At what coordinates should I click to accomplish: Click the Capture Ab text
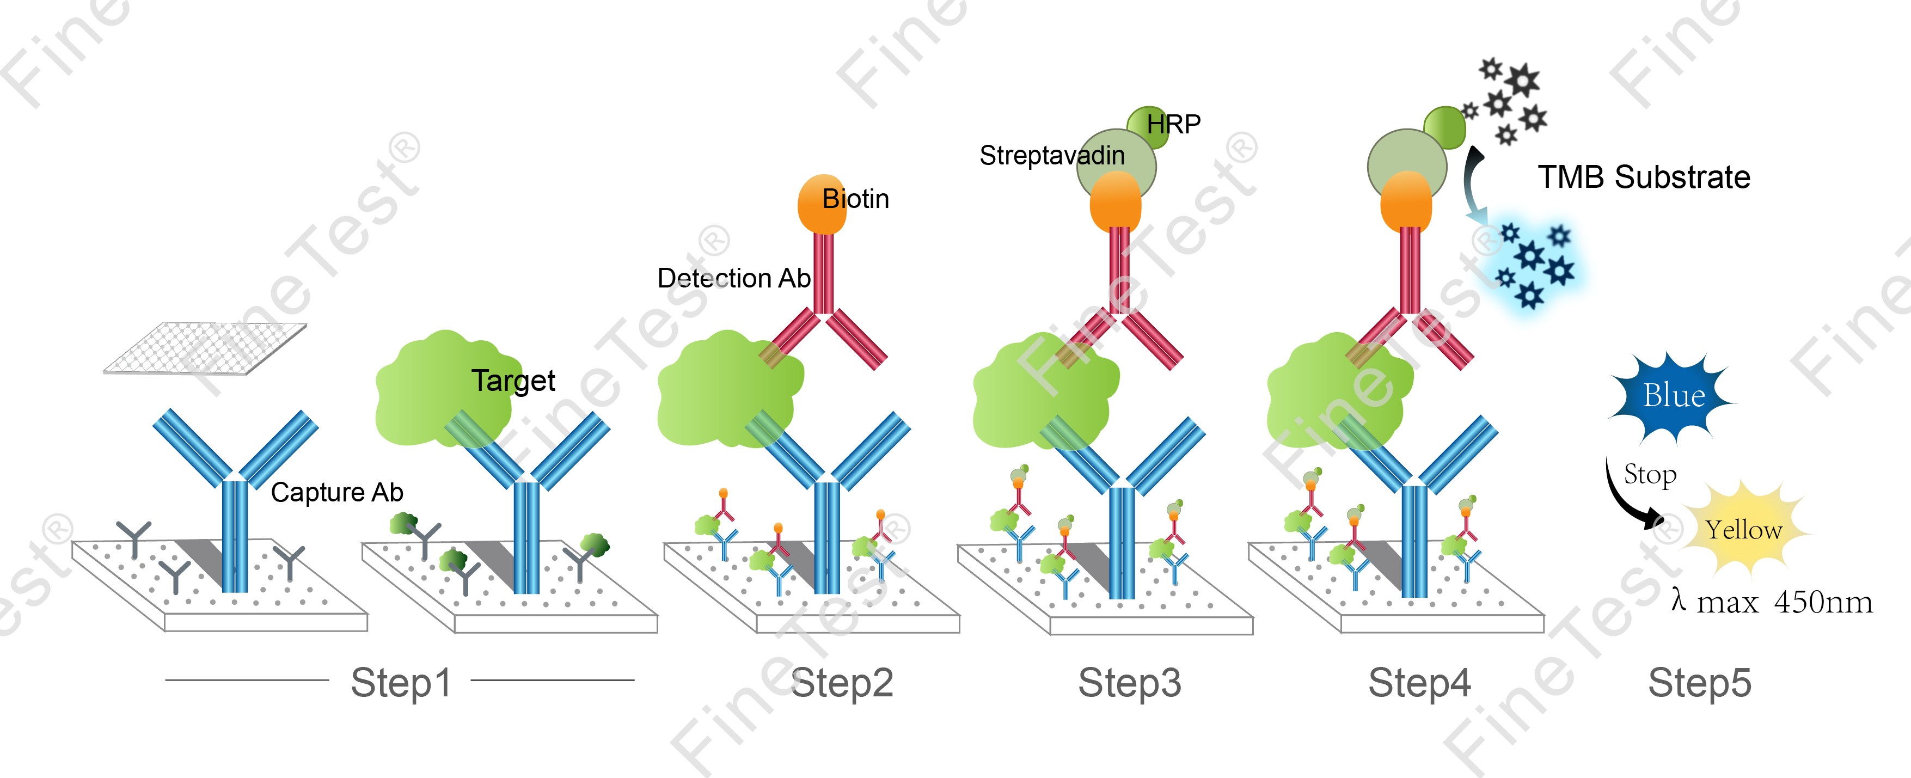pyautogui.click(x=337, y=493)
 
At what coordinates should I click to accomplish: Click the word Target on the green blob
pyautogui.click(x=513, y=381)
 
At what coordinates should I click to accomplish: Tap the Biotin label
pyautogui.click(x=855, y=199)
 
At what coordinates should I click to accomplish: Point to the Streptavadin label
pyautogui.click(x=1051, y=156)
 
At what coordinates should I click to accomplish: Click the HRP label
pyautogui.click(x=1174, y=124)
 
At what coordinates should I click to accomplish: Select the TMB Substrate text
pyautogui.click(x=1644, y=177)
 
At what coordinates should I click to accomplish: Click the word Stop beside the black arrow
pyautogui.click(x=1650, y=475)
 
